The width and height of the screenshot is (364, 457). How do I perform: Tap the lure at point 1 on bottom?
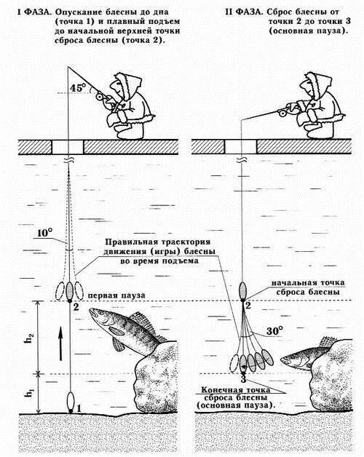click(68, 401)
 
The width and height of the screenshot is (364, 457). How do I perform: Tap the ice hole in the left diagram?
click(68, 146)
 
